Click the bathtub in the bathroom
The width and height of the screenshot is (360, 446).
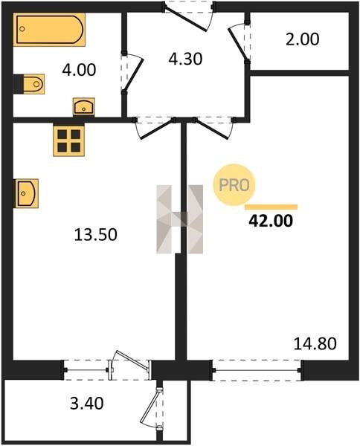[x=49, y=30]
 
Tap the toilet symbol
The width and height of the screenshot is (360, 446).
[x=31, y=84]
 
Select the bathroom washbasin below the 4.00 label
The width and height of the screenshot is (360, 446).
[x=83, y=106]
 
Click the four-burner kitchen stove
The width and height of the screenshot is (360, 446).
[x=69, y=140]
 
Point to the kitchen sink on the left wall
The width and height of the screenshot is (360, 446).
[x=26, y=193]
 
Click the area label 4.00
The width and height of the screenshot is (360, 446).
[x=79, y=70]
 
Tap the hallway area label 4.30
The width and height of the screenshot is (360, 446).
[x=185, y=59]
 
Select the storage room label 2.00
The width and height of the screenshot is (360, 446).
[x=303, y=39]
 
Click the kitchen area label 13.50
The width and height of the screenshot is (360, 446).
[x=96, y=235]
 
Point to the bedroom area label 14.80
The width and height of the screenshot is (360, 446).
[x=315, y=343]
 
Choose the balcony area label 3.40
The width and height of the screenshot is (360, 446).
[x=87, y=404]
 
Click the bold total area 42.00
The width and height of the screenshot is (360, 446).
[x=271, y=221]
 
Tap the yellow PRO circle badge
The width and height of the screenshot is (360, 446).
[x=234, y=185]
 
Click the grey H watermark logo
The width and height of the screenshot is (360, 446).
[x=179, y=219]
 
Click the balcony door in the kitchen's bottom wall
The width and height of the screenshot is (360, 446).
[x=130, y=366]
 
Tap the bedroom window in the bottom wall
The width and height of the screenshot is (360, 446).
[x=257, y=370]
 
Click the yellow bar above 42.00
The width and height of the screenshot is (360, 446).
[x=271, y=207]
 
